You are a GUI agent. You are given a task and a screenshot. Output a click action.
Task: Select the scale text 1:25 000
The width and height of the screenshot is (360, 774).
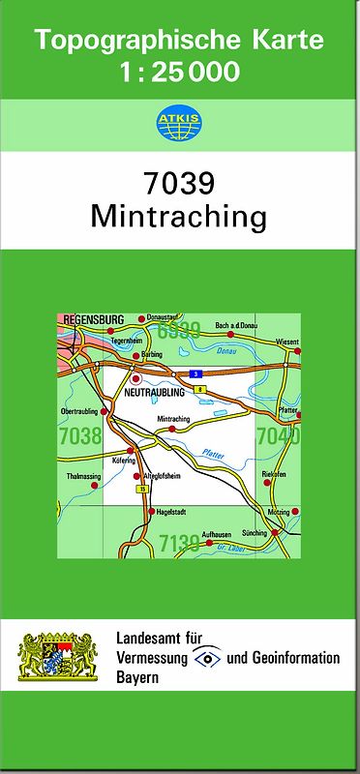coord(180,72)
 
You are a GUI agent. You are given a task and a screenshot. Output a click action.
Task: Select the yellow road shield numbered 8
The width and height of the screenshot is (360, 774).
coord(199,388)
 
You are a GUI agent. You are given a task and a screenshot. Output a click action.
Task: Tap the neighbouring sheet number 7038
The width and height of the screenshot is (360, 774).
coord(79,436)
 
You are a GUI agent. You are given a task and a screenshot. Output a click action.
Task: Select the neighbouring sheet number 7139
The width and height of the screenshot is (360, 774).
coord(179,545)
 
